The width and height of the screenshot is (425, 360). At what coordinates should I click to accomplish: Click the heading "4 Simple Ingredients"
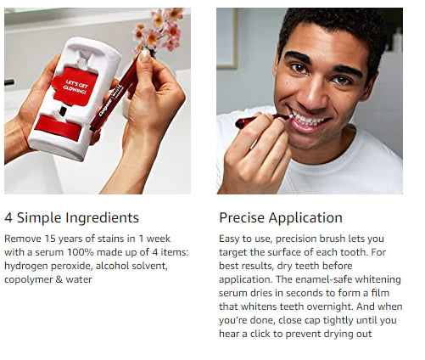tap(71, 217)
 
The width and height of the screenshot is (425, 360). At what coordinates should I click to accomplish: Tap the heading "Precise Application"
tap(281, 217)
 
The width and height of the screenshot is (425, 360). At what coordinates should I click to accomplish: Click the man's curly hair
tap(331, 25)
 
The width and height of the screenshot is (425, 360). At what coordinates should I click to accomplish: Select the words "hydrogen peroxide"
tap(44, 266)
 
